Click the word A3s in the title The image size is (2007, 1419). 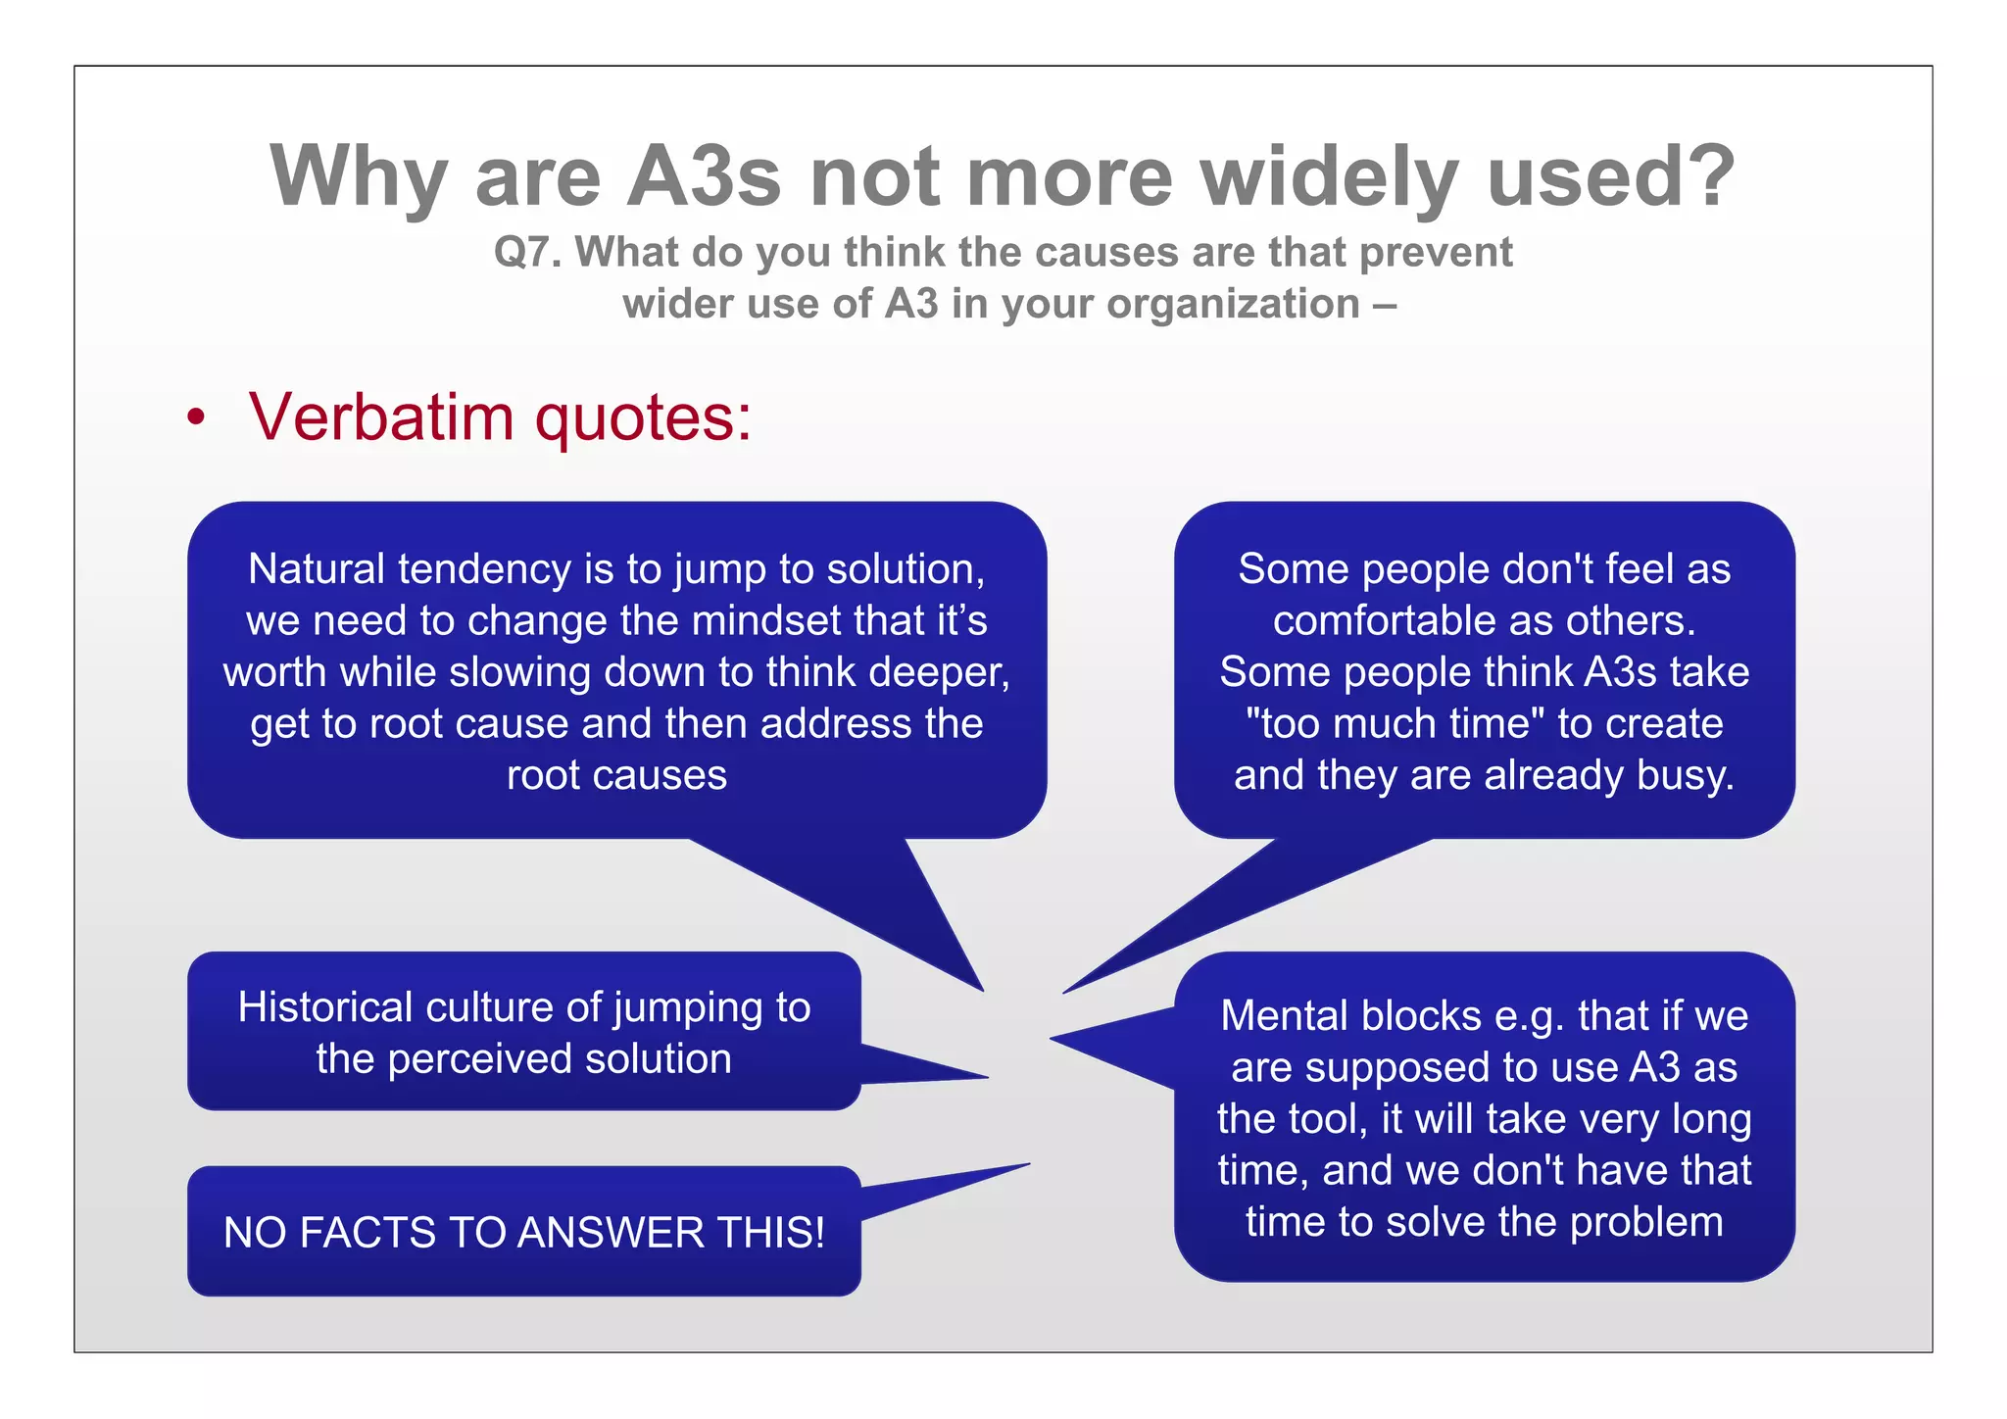704,176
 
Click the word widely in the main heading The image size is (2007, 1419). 1329,176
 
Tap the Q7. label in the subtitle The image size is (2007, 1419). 527,252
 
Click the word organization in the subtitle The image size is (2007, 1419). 1233,304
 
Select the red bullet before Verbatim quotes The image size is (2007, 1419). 197,417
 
